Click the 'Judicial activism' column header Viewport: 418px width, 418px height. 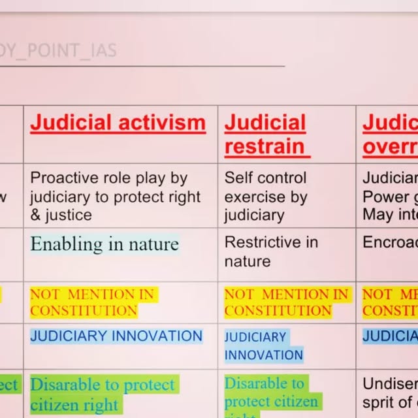(118, 123)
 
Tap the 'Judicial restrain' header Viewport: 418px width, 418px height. (265, 135)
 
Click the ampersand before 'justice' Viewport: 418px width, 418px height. (36, 215)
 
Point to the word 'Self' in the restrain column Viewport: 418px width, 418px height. (237, 178)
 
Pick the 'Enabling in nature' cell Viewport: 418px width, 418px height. (104, 244)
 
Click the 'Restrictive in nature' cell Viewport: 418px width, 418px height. (271, 251)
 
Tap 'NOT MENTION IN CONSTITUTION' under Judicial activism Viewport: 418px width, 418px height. (92, 302)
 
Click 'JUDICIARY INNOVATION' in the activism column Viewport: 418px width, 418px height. (116, 336)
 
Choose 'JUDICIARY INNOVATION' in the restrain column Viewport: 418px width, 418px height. (264, 346)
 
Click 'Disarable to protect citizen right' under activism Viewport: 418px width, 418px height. (103, 394)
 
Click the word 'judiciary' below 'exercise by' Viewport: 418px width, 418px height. (254, 215)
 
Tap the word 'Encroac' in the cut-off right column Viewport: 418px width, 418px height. (389, 242)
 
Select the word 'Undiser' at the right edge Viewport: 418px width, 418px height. (389, 383)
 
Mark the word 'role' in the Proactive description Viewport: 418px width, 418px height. (108, 178)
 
